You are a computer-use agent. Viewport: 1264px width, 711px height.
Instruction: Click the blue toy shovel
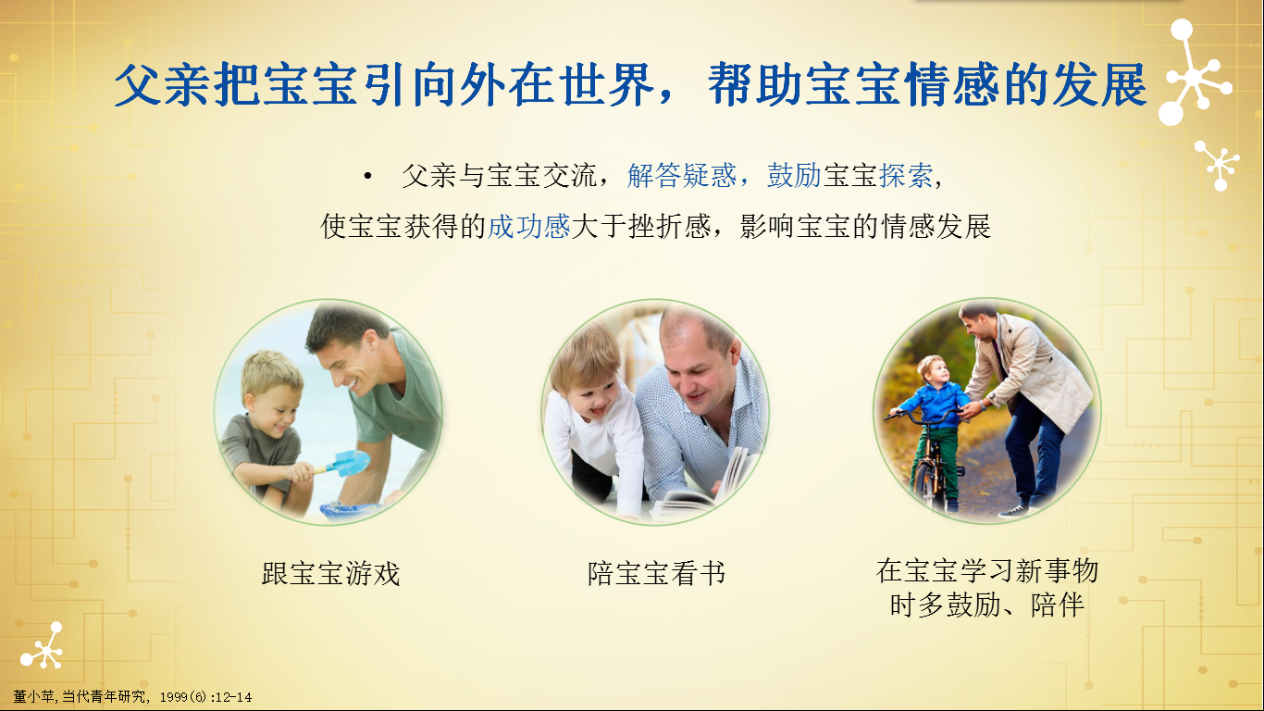click(x=345, y=463)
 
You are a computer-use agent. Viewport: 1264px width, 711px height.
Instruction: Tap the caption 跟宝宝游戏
click(x=330, y=574)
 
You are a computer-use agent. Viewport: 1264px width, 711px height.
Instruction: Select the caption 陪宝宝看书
click(x=656, y=574)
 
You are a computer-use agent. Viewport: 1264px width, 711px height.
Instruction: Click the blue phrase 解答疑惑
click(x=682, y=176)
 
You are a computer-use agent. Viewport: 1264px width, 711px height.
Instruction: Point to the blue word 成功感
click(x=528, y=227)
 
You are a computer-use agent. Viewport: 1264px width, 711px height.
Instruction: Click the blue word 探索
click(x=906, y=176)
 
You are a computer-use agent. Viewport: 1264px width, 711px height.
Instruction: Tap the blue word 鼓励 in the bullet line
click(x=794, y=176)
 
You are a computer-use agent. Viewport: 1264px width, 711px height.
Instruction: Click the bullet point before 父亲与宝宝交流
click(x=368, y=176)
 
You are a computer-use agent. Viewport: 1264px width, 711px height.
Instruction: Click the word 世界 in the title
click(x=608, y=85)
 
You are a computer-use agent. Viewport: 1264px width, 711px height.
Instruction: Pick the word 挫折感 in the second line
click(x=669, y=227)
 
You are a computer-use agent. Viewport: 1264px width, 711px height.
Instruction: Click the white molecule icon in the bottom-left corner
click(x=43, y=646)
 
